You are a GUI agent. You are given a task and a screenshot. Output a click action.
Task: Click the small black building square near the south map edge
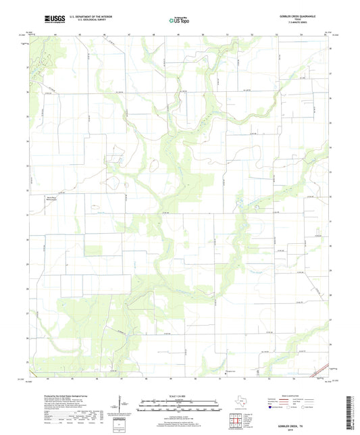click(226, 371)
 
